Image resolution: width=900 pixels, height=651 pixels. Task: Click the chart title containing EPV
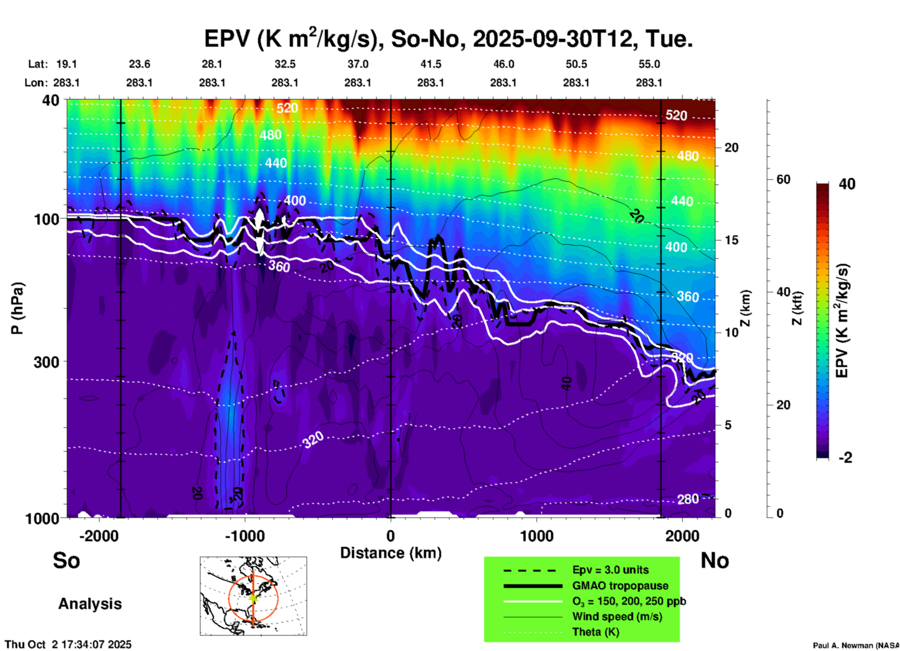pyautogui.click(x=448, y=39)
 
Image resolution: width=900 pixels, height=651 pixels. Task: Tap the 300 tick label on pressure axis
pyautogui.click(x=46, y=362)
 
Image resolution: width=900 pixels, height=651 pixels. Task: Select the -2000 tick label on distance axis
pyautogui.click(x=99, y=536)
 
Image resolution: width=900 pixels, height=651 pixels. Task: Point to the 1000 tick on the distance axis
pyautogui.click(x=536, y=536)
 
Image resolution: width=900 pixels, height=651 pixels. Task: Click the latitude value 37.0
pyautogui.click(x=357, y=64)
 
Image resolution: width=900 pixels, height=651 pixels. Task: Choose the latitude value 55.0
pyautogui.click(x=649, y=64)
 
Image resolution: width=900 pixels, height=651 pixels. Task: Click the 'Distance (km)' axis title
pyautogui.click(x=391, y=553)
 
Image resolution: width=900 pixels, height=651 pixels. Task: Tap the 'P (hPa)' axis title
pyautogui.click(x=17, y=308)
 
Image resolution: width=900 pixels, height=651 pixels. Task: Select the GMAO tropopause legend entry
pyautogui.click(x=620, y=586)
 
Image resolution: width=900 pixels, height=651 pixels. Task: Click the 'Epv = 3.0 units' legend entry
pyautogui.click(x=610, y=570)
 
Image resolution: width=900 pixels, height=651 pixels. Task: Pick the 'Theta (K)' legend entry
pyautogui.click(x=595, y=632)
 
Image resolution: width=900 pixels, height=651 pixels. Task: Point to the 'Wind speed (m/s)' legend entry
pyautogui.click(x=617, y=616)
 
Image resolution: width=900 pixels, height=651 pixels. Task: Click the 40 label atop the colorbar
pyautogui.click(x=847, y=184)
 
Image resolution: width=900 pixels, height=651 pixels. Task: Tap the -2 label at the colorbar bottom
pyautogui.click(x=845, y=458)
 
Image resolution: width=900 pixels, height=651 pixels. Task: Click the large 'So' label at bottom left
pyautogui.click(x=66, y=560)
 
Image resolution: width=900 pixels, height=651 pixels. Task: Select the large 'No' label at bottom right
pyautogui.click(x=714, y=560)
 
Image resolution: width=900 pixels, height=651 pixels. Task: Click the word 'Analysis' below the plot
pyautogui.click(x=90, y=604)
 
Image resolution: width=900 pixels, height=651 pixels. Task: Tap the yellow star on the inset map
pyautogui.click(x=253, y=598)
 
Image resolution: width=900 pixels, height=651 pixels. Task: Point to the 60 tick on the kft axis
pyautogui.click(x=783, y=179)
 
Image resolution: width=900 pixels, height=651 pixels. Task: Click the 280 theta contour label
pyautogui.click(x=688, y=499)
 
